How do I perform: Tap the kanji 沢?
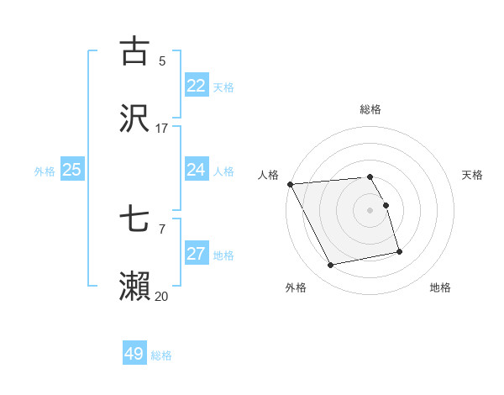coord(134,118)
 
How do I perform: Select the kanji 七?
coord(134,219)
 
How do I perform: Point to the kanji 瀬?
coord(134,286)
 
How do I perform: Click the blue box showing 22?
coord(197,86)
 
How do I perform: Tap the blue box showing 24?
coord(197,170)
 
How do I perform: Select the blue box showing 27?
coord(197,254)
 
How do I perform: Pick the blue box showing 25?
coord(72,170)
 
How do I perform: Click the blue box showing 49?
coord(134,354)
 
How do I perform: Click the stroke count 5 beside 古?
coord(162,61)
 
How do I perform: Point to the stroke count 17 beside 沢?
coord(162,129)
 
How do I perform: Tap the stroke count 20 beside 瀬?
coord(162,296)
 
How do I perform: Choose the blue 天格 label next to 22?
coord(223,87)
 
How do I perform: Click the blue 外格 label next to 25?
coord(45,171)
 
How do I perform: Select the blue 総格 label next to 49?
coord(161,355)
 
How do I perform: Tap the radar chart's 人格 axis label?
coord(268,175)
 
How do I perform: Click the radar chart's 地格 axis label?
coord(440,287)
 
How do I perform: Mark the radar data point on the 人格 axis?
coord(290,184)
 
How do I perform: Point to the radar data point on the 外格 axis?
coord(331,266)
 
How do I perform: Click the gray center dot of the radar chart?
coord(370,210)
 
